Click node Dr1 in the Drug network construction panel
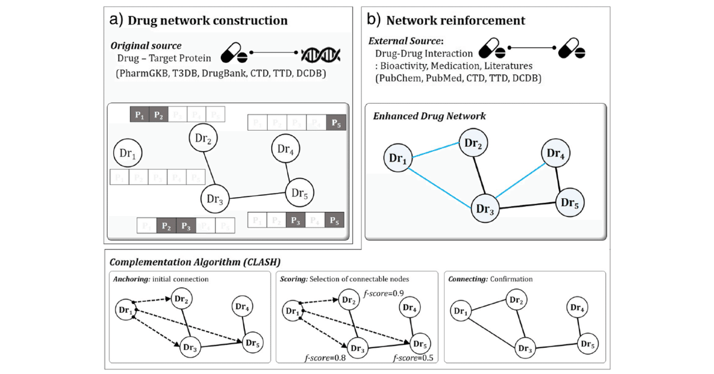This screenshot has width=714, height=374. [x=128, y=153]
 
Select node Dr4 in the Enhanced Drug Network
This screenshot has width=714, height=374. [x=556, y=154]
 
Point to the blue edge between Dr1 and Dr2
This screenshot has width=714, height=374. [x=433, y=151]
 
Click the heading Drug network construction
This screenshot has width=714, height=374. [x=208, y=21]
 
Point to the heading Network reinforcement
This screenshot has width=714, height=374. [x=455, y=21]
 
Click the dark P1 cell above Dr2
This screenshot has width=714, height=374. [x=139, y=114]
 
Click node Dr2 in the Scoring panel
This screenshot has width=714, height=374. [x=349, y=300]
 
